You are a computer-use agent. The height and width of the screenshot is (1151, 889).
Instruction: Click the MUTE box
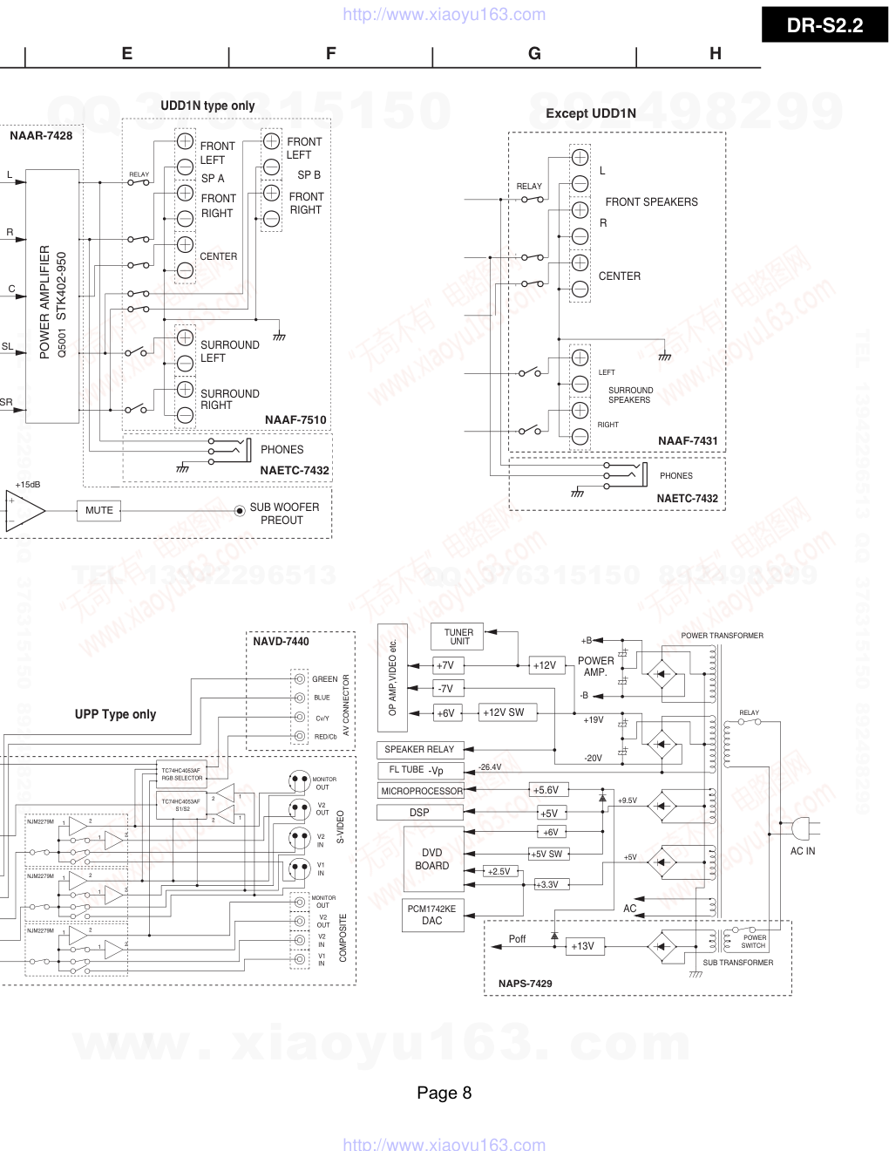coord(99,510)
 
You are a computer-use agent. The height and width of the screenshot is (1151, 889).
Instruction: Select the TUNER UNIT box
coord(458,637)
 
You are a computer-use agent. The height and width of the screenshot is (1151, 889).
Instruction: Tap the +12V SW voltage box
coord(504,712)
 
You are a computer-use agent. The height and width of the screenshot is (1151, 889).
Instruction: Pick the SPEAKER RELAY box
coord(419,749)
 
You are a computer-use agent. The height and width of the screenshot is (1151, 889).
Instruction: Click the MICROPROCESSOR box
coord(421,791)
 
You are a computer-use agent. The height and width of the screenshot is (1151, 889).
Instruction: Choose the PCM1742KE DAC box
coord(431,915)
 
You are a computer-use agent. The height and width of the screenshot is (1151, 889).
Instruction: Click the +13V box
coord(582,946)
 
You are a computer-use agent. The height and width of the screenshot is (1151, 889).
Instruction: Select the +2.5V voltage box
coord(499,871)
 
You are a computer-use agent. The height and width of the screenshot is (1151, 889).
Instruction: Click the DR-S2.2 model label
coord(825,25)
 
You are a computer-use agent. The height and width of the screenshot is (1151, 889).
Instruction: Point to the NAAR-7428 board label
coord(41,135)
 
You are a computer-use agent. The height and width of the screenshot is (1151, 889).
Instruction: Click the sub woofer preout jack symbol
coord(240,511)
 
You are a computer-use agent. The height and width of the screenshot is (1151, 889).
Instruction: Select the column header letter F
coord(330,53)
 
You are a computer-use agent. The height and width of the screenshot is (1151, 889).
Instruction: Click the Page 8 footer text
coord(444,1093)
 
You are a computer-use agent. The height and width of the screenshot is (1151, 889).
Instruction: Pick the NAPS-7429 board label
coord(525,984)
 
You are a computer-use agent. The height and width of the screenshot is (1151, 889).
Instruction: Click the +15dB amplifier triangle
coord(24,510)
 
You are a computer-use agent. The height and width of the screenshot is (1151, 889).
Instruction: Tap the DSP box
coord(419,813)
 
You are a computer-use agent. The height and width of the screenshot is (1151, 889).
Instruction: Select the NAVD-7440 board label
coord(281,641)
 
